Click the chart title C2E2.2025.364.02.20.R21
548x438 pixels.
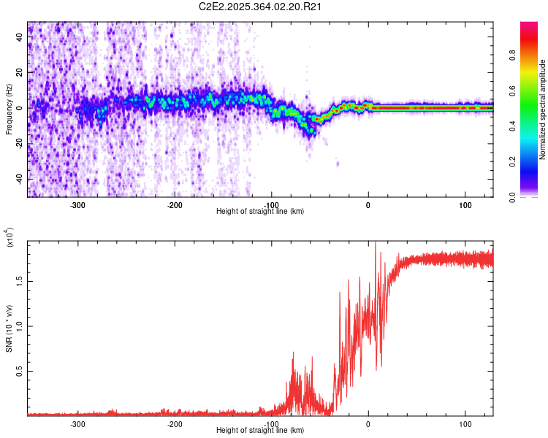click(261, 7)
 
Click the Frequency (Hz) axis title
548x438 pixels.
click(9, 109)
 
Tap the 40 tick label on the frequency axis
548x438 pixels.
click(21, 36)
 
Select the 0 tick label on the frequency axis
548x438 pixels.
click(21, 107)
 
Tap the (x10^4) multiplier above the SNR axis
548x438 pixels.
click(10, 238)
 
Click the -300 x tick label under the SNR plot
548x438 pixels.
click(77, 423)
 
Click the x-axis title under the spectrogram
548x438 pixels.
click(260, 211)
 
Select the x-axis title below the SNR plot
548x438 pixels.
click(260, 430)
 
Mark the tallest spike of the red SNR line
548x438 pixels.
click(376, 243)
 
